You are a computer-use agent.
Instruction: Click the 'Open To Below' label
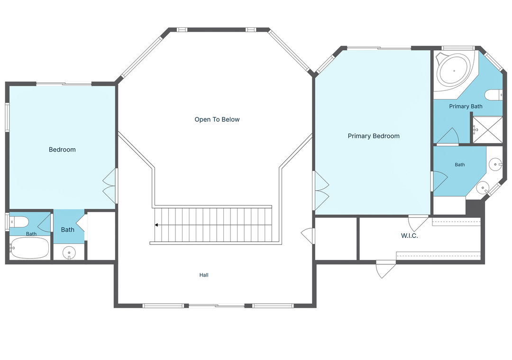[x=217, y=119]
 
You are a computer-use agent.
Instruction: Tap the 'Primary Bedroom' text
[x=374, y=136]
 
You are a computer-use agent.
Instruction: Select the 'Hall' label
[x=204, y=275]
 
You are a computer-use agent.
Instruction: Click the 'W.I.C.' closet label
[x=410, y=235]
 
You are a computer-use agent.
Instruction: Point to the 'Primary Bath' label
[x=466, y=106]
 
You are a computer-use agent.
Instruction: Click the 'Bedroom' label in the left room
[x=62, y=150]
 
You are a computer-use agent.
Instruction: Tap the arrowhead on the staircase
[x=156, y=225]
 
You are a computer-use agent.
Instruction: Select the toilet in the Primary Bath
[x=494, y=95]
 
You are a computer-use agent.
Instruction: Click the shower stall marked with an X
[x=487, y=130]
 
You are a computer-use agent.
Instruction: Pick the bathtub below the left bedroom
[x=30, y=248]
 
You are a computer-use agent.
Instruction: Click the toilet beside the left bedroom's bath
[x=19, y=222]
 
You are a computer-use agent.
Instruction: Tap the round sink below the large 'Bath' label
[x=69, y=253]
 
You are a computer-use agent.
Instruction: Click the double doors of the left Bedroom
[x=110, y=186]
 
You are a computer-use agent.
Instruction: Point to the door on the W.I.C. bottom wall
[x=385, y=269]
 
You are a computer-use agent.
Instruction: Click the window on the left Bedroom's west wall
[x=7, y=117]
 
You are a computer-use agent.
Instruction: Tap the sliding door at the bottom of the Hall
[x=217, y=306]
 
